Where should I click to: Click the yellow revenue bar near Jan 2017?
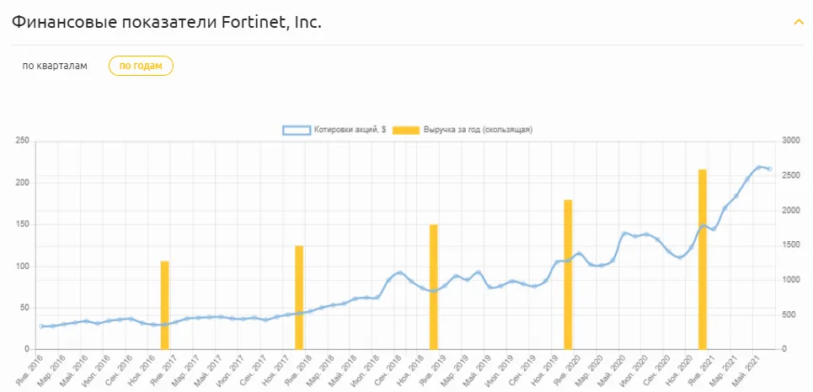point(164,305)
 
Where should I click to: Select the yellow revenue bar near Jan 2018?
point(299,298)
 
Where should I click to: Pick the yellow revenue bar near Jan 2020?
point(568,274)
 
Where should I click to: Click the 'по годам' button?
point(141,66)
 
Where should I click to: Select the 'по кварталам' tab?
point(55,66)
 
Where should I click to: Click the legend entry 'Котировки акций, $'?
point(334,130)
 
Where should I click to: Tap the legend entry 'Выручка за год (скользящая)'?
point(463,130)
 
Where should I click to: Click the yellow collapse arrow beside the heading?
point(798,22)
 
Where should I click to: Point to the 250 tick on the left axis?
point(23,141)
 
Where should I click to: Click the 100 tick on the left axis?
point(23,266)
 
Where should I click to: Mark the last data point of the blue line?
point(770,169)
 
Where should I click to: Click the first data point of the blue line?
point(41,326)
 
